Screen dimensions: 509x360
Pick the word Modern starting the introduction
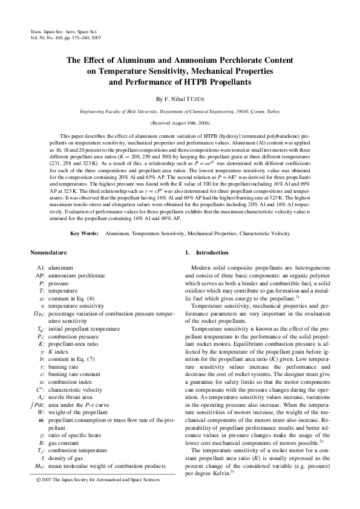tap(201, 267)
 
